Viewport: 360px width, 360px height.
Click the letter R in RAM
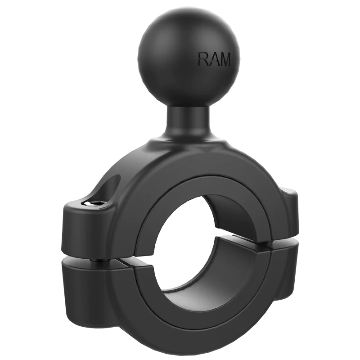[202, 59]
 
